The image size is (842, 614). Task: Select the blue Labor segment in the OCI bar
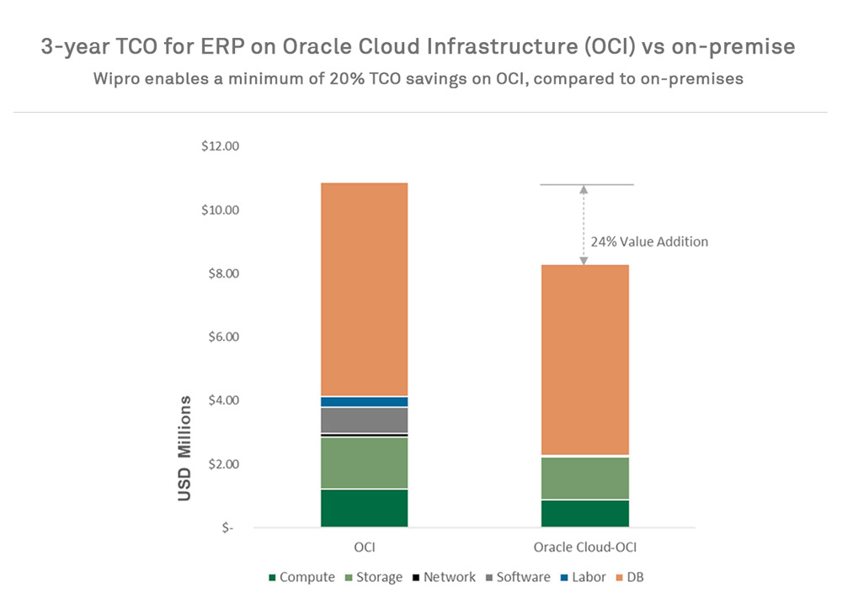pos(364,401)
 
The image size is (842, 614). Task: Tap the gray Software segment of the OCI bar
pos(364,420)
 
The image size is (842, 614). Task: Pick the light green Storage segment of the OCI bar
pos(364,462)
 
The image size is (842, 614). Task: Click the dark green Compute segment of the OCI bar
pos(364,508)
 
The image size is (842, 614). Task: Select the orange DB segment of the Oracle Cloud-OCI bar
pos(584,360)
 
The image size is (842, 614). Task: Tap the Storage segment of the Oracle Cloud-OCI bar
pos(584,478)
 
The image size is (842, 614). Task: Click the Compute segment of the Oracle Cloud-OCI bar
pos(584,513)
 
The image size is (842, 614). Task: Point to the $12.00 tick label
pos(221,146)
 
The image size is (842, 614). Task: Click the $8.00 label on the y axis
pos(221,273)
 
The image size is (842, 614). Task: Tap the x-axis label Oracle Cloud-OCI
pos(584,548)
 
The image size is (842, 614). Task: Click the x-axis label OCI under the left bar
pos(364,548)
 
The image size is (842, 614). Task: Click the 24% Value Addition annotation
pos(648,241)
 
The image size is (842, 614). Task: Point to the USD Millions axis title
pos(186,447)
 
